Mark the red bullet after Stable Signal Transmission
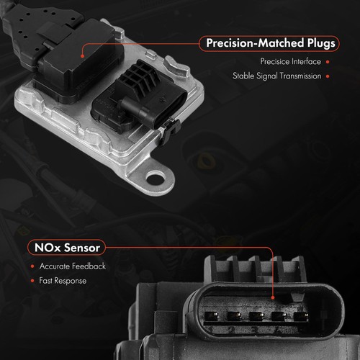coord(328,76)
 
